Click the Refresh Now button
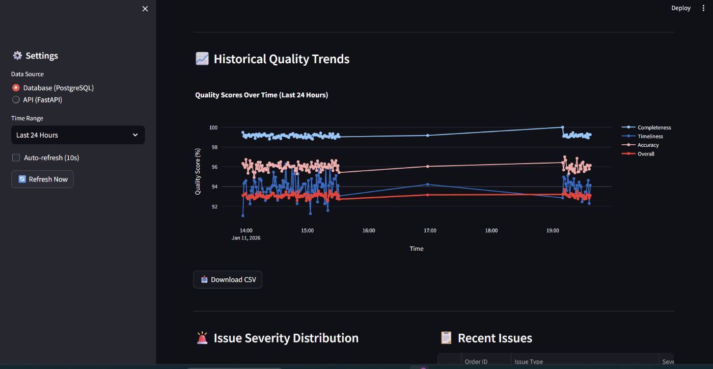click(42, 179)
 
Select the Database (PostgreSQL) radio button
click(16, 88)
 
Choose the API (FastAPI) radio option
click(16, 100)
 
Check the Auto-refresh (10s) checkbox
click(16, 158)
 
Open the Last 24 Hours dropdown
click(78, 135)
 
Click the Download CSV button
click(228, 280)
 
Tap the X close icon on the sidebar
click(145, 9)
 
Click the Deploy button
click(680, 8)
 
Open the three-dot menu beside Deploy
click(704, 8)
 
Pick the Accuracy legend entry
click(648, 145)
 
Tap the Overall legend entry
click(646, 154)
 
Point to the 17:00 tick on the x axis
click(430, 230)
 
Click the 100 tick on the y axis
click(213, 127)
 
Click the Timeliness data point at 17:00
click(428, 184)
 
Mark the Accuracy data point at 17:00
click(428, 166)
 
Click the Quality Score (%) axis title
click(198, 171)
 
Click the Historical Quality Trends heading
click(281, 59)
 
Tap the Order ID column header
click(476, 362)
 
